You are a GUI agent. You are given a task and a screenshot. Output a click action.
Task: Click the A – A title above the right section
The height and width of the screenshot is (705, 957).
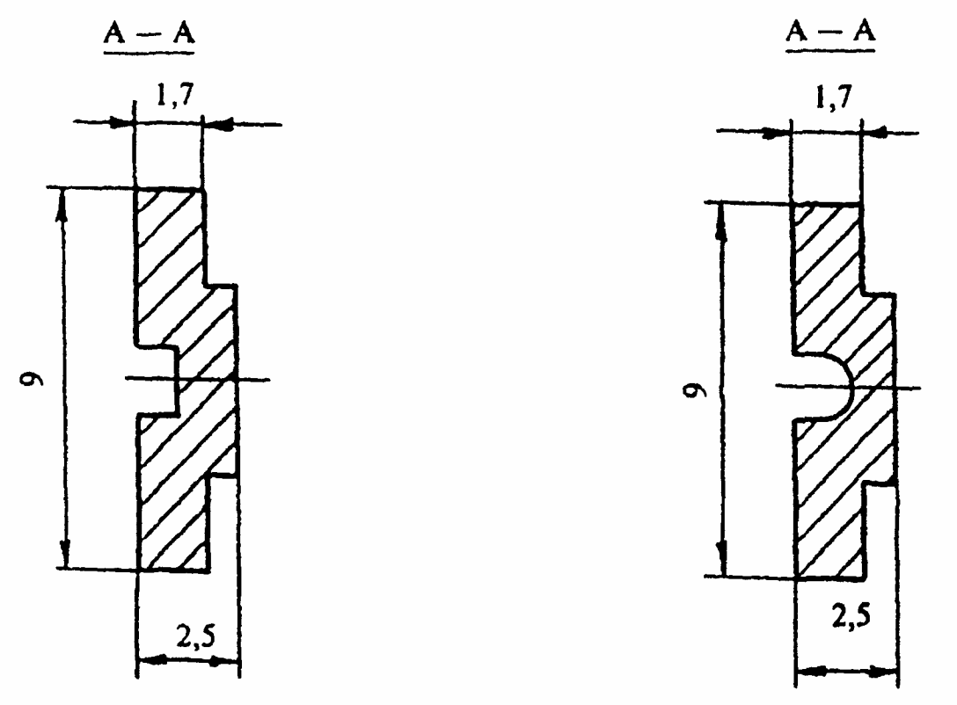830,31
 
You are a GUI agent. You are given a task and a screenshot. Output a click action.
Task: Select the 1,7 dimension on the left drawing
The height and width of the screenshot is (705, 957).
174,95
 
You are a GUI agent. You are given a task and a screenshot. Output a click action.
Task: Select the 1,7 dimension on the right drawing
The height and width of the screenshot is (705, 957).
834,98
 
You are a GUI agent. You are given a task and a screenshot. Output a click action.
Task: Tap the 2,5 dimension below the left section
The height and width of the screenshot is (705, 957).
196,638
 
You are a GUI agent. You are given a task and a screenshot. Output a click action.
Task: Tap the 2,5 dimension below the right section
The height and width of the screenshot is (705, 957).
851,616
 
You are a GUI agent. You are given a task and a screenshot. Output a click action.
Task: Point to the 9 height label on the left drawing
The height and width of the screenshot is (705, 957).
32,379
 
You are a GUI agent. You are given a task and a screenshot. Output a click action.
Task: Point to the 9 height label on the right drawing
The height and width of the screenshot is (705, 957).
696,389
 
